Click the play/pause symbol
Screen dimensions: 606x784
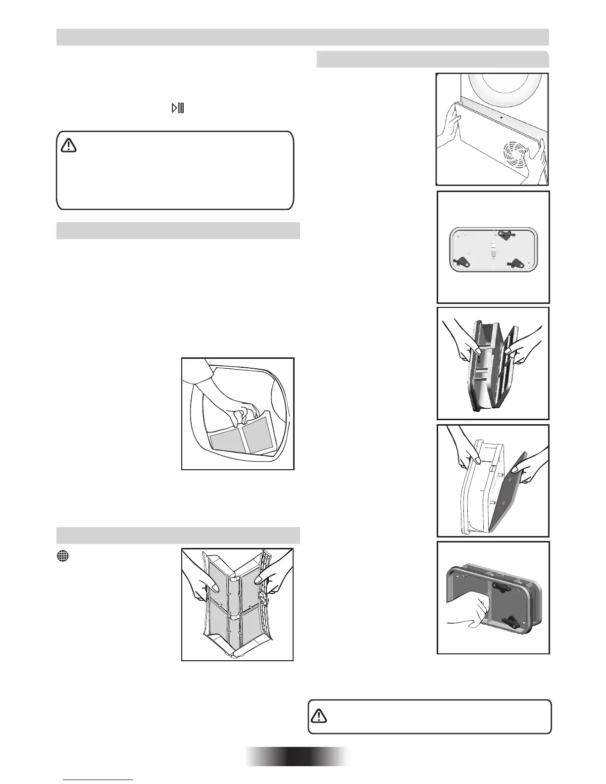(178, 108)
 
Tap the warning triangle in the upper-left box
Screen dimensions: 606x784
(68, 145)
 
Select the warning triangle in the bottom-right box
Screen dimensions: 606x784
(319, 716)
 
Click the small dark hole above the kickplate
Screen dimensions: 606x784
(501, 118)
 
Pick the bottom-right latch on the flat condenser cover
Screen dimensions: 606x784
(517, 264)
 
